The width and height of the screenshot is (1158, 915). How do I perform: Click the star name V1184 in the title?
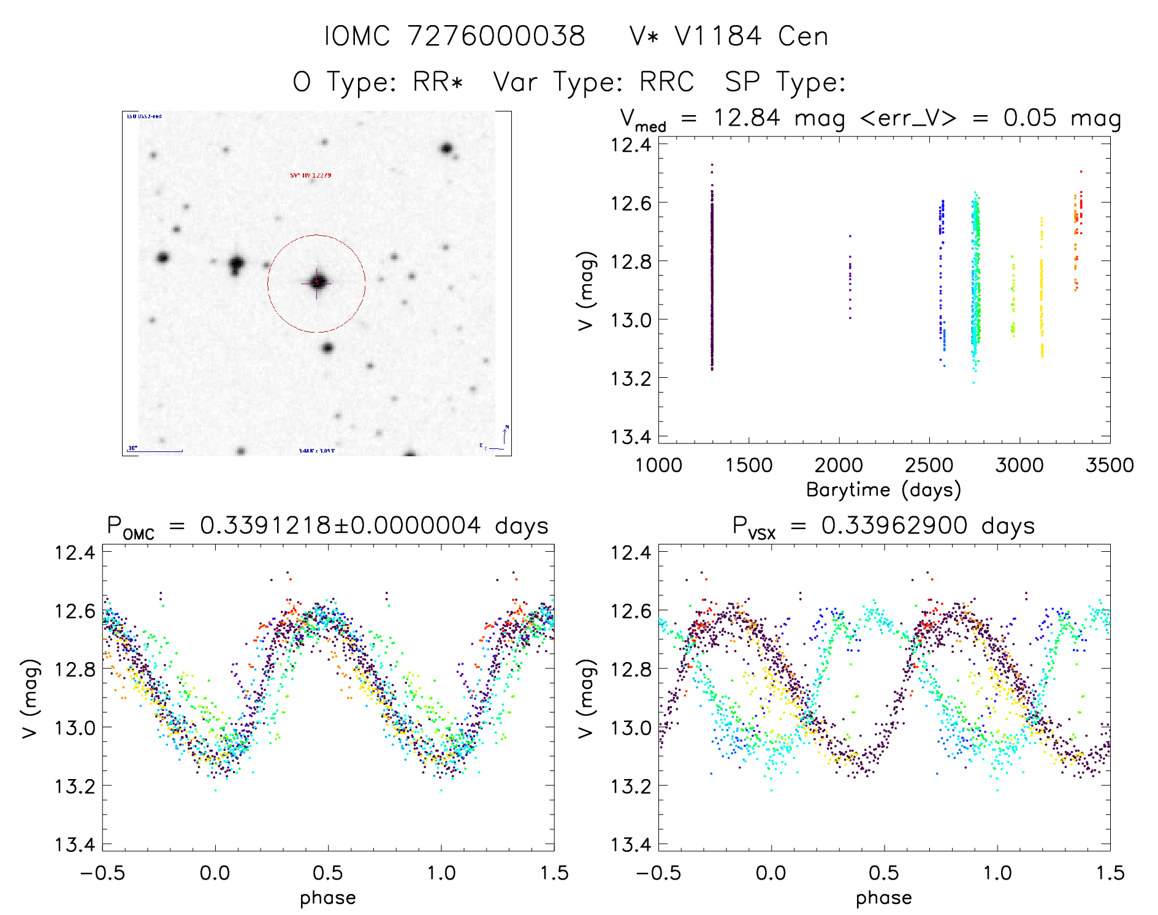718,36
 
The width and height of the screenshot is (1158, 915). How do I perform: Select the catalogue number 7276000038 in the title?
497,36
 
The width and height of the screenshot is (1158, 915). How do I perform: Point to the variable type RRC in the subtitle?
666,82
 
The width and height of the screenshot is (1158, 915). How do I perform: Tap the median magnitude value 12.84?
747,118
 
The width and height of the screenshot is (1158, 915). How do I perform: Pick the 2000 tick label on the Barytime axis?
839,465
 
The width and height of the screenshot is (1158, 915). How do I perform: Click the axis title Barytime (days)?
883,490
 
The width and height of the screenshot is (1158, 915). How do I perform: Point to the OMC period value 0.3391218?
265,525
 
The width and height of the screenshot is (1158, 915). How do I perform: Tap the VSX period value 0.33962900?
894,525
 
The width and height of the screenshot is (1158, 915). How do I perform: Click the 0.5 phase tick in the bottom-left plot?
328,873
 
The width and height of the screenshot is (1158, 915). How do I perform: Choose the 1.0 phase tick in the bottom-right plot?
997,873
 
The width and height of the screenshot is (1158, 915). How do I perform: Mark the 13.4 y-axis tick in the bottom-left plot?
75,845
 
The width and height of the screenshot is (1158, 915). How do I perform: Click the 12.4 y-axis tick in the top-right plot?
631,145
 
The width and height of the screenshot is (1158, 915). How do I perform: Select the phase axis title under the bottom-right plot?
883,898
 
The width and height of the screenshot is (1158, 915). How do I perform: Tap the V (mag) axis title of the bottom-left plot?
31,698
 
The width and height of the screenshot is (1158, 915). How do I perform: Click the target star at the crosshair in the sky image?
317,282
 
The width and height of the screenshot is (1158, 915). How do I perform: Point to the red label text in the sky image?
311,176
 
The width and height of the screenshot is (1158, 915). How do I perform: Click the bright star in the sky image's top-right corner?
447,148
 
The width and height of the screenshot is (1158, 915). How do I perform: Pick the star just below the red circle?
327,348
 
